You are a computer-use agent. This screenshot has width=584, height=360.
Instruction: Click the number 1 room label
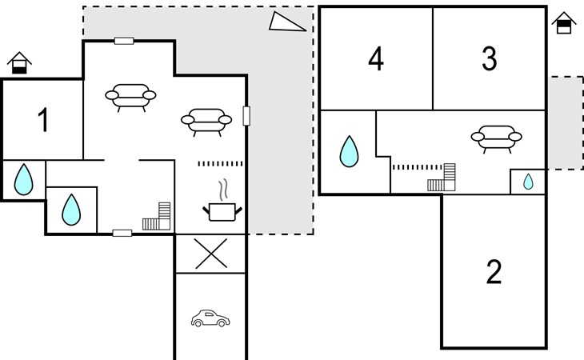[43, 120]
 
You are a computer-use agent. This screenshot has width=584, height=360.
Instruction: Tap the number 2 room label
[494, 272]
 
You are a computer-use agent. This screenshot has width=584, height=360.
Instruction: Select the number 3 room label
[490, 58]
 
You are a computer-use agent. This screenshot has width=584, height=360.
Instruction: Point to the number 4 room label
[376, 58]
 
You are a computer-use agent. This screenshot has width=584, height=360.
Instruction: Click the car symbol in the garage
[209, 319]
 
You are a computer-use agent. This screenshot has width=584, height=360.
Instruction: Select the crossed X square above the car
[210, 254]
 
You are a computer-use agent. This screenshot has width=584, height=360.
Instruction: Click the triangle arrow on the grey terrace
[287, 22]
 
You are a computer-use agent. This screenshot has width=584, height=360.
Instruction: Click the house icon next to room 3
[564, 23]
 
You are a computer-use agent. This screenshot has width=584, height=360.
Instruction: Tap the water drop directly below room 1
[24, 180]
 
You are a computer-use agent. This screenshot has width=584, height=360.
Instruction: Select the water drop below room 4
[349, 151]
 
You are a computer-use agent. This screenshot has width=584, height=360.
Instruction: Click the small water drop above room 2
[528, 182]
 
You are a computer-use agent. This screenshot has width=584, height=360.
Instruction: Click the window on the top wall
[123, 41]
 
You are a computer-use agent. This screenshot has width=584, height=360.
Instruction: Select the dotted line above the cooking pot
[219, 163]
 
